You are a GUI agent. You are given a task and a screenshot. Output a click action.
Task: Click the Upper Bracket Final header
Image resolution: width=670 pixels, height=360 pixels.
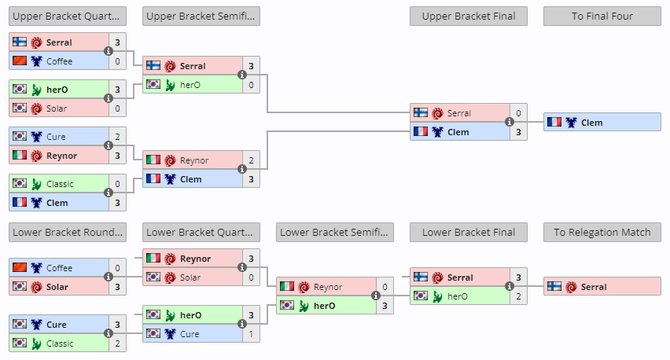[469, 17]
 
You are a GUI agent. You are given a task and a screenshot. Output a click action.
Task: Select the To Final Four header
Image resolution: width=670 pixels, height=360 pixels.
[602, 17]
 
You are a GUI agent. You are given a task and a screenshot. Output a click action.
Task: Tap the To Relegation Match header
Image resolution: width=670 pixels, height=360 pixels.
[602, 233]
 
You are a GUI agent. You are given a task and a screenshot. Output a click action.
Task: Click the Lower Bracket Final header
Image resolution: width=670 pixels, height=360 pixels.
[469, 233]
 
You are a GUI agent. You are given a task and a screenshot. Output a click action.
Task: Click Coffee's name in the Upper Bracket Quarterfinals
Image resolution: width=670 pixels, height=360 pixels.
[59, 61]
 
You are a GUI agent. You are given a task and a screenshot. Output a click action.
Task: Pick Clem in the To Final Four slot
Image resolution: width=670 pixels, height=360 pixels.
[591, 123]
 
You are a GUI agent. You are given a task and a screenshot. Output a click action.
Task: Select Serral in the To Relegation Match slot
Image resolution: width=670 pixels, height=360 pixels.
[594, 287]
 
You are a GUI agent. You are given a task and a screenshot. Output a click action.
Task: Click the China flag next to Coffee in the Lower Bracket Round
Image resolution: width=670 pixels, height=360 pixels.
[20, 268]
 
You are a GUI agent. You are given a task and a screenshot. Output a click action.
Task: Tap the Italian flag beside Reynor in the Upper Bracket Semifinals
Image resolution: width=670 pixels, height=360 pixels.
[153, 160]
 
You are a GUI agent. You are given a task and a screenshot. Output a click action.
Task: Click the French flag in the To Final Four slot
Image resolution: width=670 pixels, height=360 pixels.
[554, 123]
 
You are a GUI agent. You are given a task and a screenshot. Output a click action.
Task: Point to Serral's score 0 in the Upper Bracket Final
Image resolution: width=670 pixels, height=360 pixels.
[518, 113]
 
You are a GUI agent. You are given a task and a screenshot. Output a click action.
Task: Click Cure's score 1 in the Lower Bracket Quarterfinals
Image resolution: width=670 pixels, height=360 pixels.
[251, 334]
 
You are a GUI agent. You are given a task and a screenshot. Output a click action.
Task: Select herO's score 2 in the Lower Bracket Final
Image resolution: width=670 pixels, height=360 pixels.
[518, 296]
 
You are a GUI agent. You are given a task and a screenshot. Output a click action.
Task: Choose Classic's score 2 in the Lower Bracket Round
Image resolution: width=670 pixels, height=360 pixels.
[117, 343]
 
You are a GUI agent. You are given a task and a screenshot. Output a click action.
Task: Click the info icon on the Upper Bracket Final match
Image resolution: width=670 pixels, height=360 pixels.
[510, 122]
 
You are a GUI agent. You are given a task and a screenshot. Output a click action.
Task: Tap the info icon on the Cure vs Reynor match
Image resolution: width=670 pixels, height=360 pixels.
[109, 145]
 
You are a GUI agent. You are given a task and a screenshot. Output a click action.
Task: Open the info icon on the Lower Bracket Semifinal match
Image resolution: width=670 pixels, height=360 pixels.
[376, 296]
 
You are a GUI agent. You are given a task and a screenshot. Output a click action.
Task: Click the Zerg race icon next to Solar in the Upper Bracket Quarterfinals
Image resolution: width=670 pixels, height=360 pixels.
[37, 108]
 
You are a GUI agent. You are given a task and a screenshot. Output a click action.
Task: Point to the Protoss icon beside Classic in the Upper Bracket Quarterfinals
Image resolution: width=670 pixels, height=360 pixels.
[37, 184]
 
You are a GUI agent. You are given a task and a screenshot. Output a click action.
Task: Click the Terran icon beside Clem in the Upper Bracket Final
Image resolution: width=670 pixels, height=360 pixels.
[437, 132]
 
